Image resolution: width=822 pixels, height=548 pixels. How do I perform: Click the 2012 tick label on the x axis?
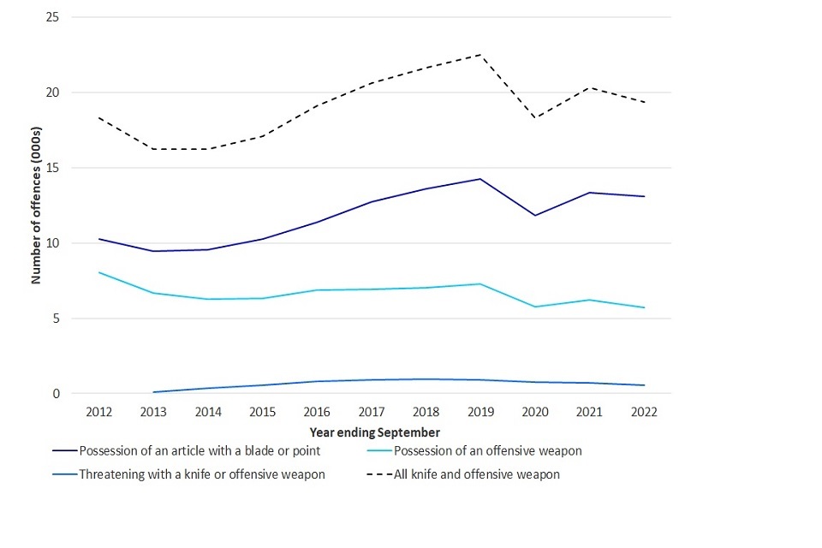point(99,412)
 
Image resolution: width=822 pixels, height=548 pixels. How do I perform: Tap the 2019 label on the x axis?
point(480,412)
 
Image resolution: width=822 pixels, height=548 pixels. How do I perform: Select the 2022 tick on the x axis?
point(644,412)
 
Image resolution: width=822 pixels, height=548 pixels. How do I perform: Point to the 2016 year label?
point(317,412)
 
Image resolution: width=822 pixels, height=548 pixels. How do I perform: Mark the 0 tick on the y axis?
point(56,394)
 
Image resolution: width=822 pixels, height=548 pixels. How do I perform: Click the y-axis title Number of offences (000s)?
point(37,205)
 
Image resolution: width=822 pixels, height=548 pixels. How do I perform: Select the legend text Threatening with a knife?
point(201,474)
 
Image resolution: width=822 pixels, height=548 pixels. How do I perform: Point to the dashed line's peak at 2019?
point(480,55)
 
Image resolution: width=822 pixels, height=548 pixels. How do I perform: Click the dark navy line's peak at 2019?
point(480,179)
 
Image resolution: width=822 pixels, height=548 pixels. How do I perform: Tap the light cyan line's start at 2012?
point(99,272)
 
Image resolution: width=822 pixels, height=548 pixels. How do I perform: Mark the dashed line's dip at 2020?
point(535,118)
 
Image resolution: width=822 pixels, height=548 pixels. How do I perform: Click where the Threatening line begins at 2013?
point(154,392)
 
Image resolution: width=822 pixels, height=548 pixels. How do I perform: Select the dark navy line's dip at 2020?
point(535,215)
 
